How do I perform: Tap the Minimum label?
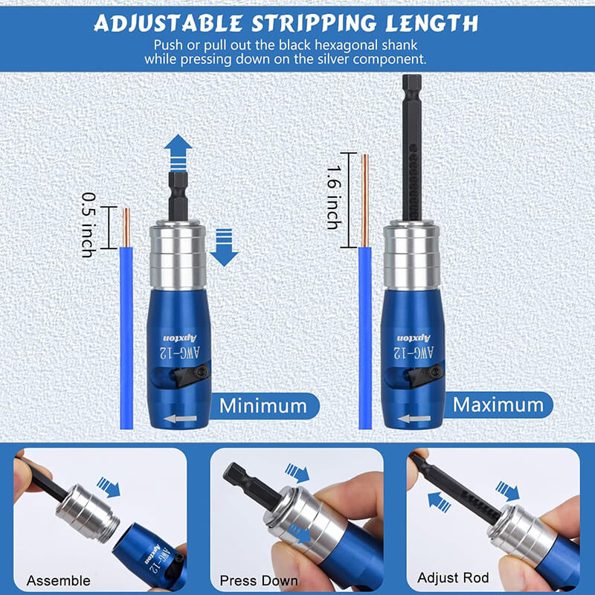[263, 405]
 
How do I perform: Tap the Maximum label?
[498, 405]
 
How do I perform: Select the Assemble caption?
[59, 580]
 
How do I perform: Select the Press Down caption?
[259, 580]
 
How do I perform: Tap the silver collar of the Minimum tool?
[178, 254]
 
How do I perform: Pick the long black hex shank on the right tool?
[411, 149]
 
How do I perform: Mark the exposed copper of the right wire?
[364, 201]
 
